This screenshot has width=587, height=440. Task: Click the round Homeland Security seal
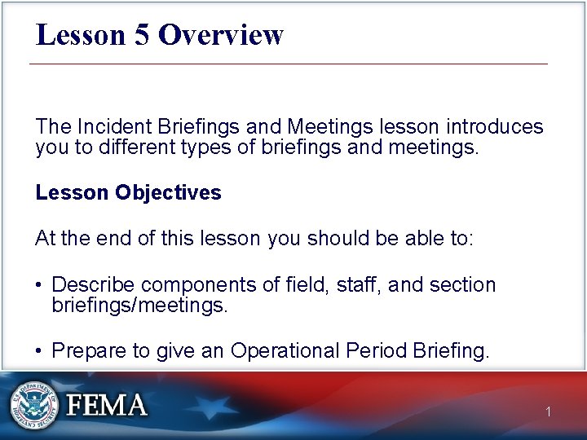[34, 405]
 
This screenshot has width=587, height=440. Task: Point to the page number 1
[549, 412]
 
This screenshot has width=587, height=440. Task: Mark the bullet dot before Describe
[39, 286]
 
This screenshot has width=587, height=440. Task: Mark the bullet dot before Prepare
[39, 352]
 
